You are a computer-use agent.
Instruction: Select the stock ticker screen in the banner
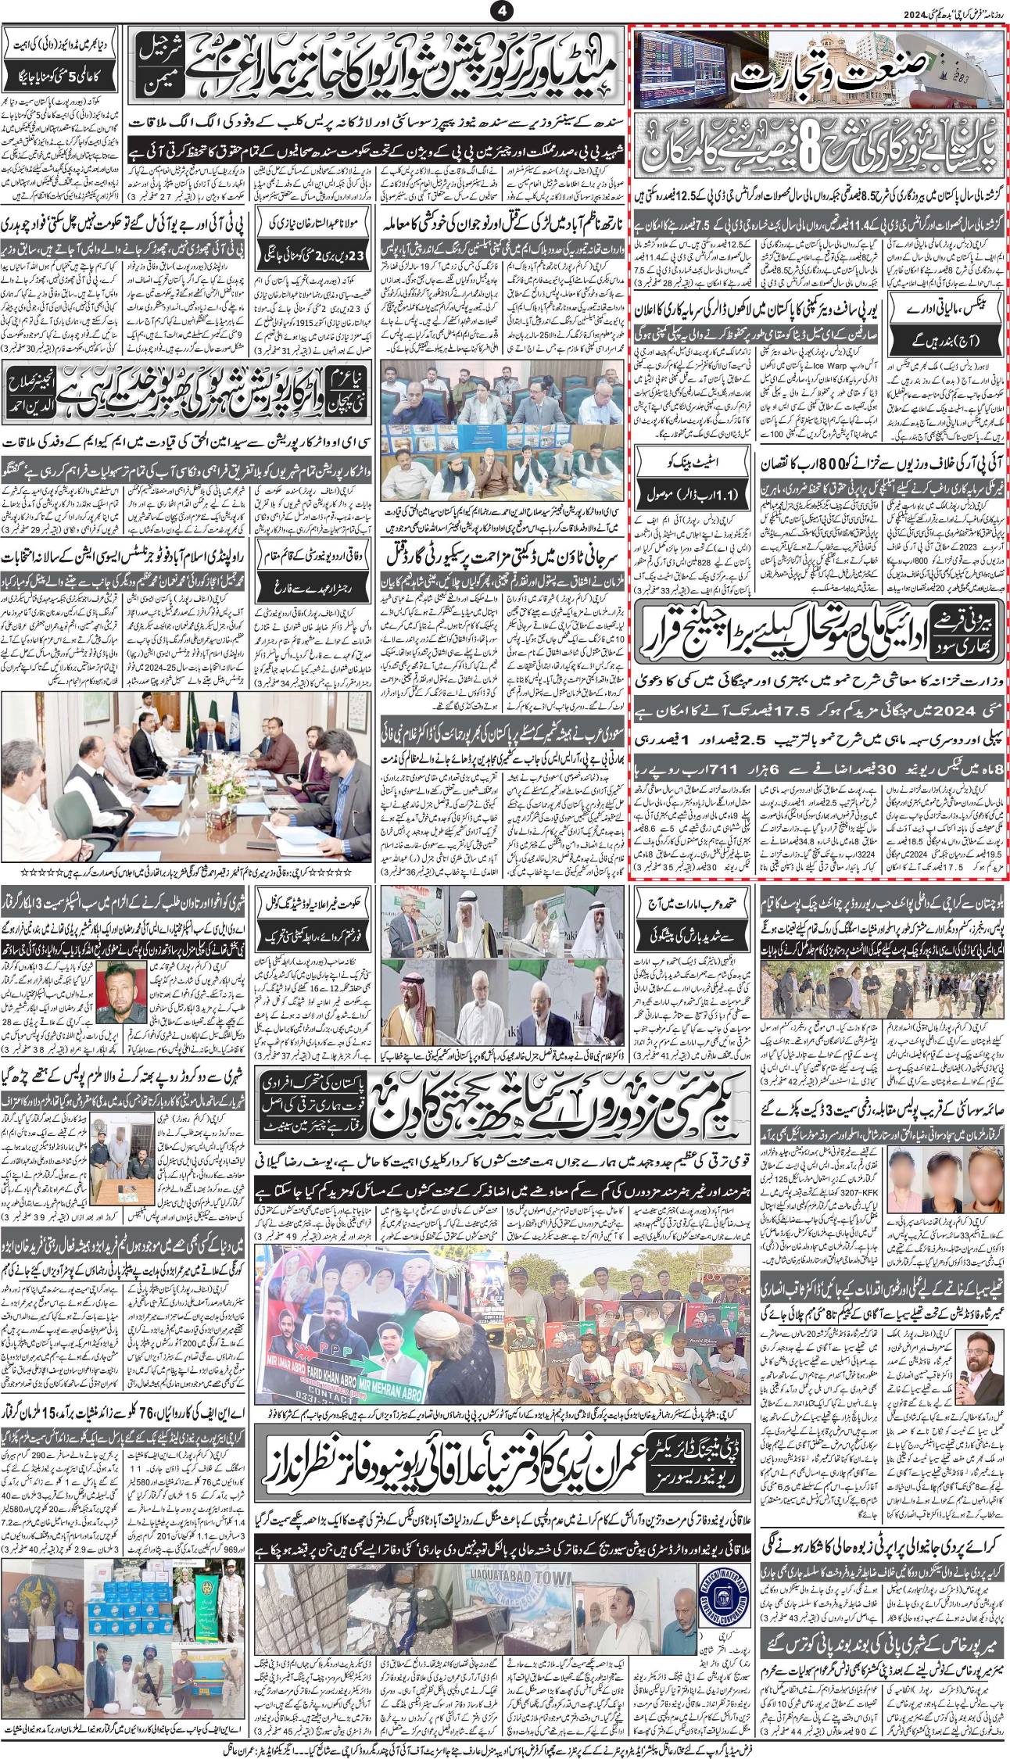679,70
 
